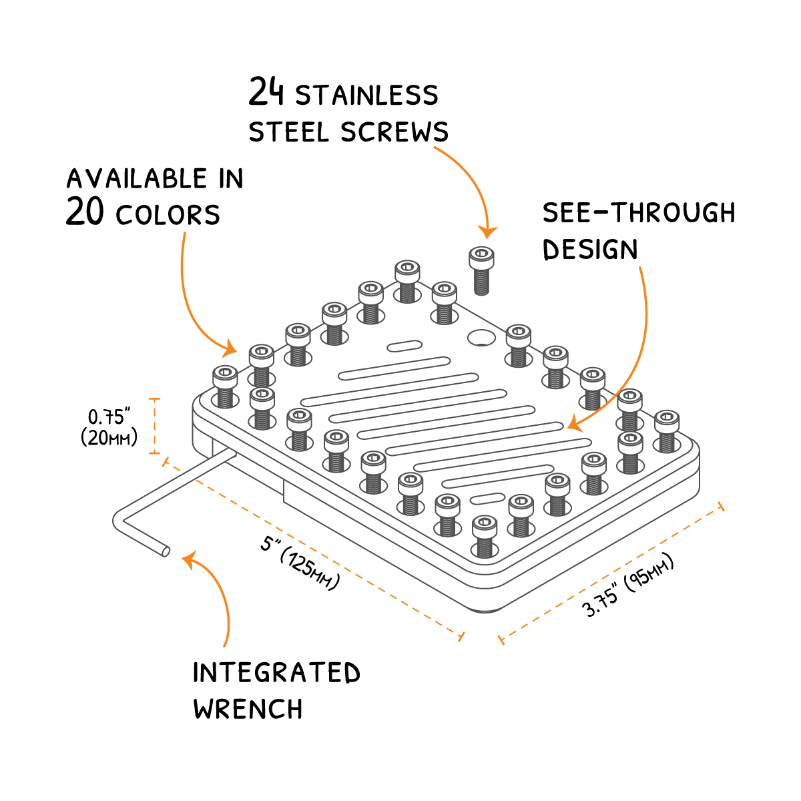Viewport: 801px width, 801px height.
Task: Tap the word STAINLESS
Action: [366, 95]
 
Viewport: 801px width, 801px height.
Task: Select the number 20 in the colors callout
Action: [85, 212]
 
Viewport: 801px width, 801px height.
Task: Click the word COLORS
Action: [168, 215]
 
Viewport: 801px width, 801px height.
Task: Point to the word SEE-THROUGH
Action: [639, 213]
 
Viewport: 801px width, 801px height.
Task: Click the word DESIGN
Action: [590, 250]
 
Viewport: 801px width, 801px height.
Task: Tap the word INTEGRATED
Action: [276, 673]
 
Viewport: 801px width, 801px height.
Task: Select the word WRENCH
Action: [248, 709]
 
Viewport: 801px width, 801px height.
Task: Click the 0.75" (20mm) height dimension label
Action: [109, 427]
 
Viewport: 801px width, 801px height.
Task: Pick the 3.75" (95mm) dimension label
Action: [628, 586]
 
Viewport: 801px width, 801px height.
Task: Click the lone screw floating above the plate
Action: [482, 270]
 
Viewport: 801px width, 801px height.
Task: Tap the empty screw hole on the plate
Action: [481, 338]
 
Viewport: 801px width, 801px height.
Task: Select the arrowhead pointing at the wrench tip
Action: [190, 559]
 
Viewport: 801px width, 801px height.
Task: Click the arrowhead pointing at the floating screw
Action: [488, 232]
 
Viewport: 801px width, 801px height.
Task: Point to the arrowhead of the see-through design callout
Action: [572, 423]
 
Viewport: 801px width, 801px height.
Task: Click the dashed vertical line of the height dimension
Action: [155, 426]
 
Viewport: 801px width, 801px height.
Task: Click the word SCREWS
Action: [394, 131]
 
